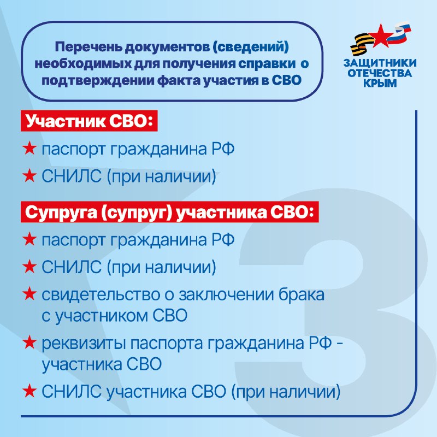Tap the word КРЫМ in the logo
click(380, 83)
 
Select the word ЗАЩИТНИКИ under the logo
click(380, 63)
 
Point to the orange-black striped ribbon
click(361, 45)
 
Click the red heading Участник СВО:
click(89, 121)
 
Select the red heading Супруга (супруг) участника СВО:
click(170, 212)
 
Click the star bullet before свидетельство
click(29, 294)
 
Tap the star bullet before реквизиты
click(29, 342)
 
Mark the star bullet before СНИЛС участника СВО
click(29, 391)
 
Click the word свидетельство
click(101, 294)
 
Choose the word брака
click(302, 294)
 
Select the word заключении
click(226, 295)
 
